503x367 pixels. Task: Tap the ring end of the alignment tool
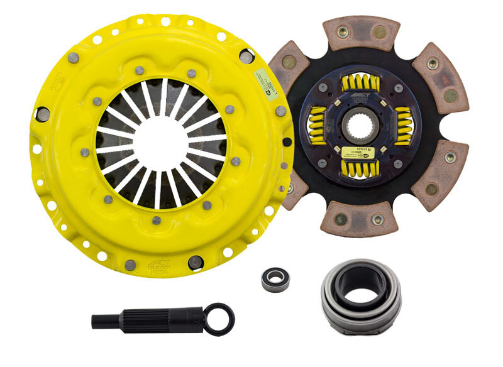click(x=220, y=319)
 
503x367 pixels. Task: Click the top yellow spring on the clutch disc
click(x=362, y=82)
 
